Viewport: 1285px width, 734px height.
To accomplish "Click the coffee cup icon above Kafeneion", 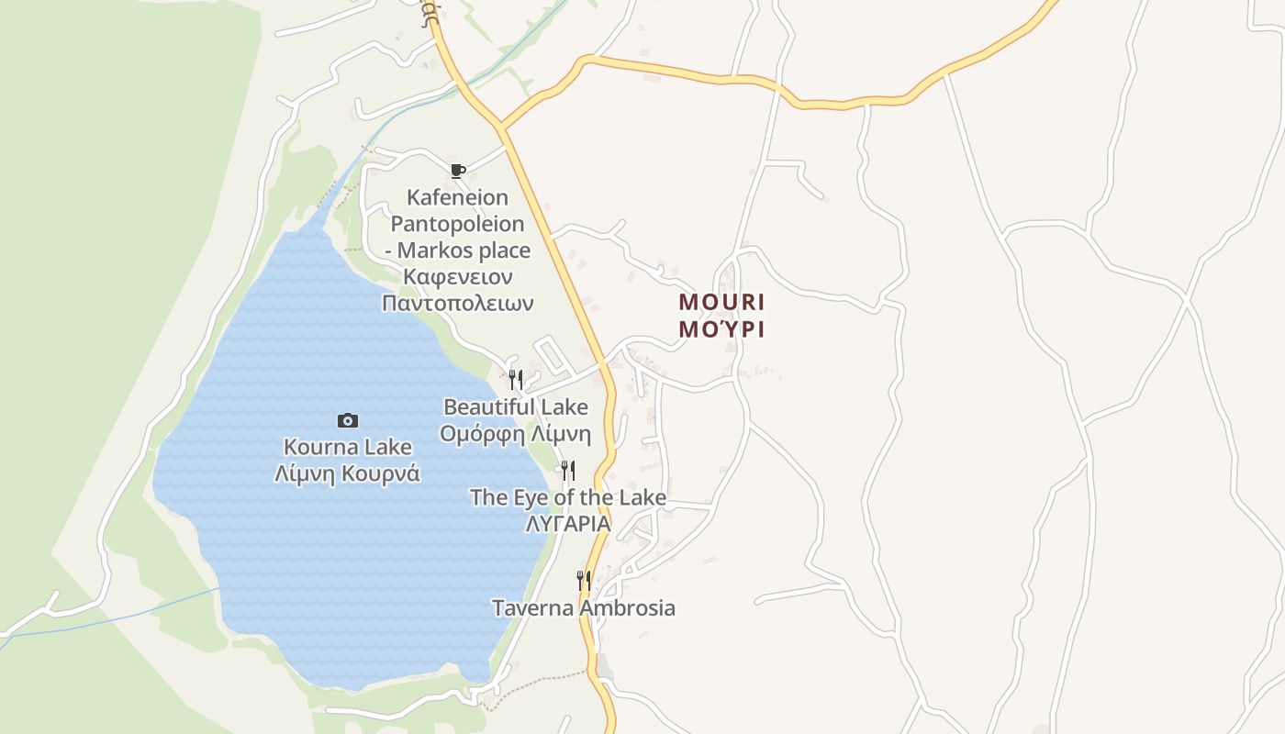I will (457, 171).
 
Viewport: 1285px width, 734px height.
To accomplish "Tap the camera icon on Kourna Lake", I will (348, 420).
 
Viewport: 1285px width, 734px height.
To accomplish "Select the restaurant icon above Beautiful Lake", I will (516, 379).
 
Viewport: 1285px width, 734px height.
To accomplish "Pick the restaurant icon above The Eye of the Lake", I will (568, 471).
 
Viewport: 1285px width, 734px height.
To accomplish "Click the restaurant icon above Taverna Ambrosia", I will (583, 580).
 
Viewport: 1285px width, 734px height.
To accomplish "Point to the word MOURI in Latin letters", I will (721, 302).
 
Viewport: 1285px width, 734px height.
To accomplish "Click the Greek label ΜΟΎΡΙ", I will (721, 329).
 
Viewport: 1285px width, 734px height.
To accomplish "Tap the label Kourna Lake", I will (348, 447).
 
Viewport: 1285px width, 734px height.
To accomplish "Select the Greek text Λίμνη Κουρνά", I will (348, 473).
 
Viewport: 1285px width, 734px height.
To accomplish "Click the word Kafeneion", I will (457, 197).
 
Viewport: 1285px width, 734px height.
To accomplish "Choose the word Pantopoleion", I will (457, 224).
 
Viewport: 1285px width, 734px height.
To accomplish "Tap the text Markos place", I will (464, 250).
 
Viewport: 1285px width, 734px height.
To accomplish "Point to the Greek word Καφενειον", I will (457, 276).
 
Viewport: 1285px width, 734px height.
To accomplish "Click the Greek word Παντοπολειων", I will (457, 303).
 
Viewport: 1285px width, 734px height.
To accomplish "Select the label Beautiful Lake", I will (516, 406).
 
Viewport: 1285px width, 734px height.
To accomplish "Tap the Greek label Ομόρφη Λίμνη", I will (516, 433).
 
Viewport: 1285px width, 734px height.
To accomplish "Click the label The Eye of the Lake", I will (568, 497).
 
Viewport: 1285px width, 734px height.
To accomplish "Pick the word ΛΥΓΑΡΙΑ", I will (568, 524).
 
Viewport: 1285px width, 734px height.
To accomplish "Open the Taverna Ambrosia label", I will (584, 607).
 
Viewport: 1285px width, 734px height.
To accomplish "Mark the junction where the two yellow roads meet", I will (501, 125).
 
